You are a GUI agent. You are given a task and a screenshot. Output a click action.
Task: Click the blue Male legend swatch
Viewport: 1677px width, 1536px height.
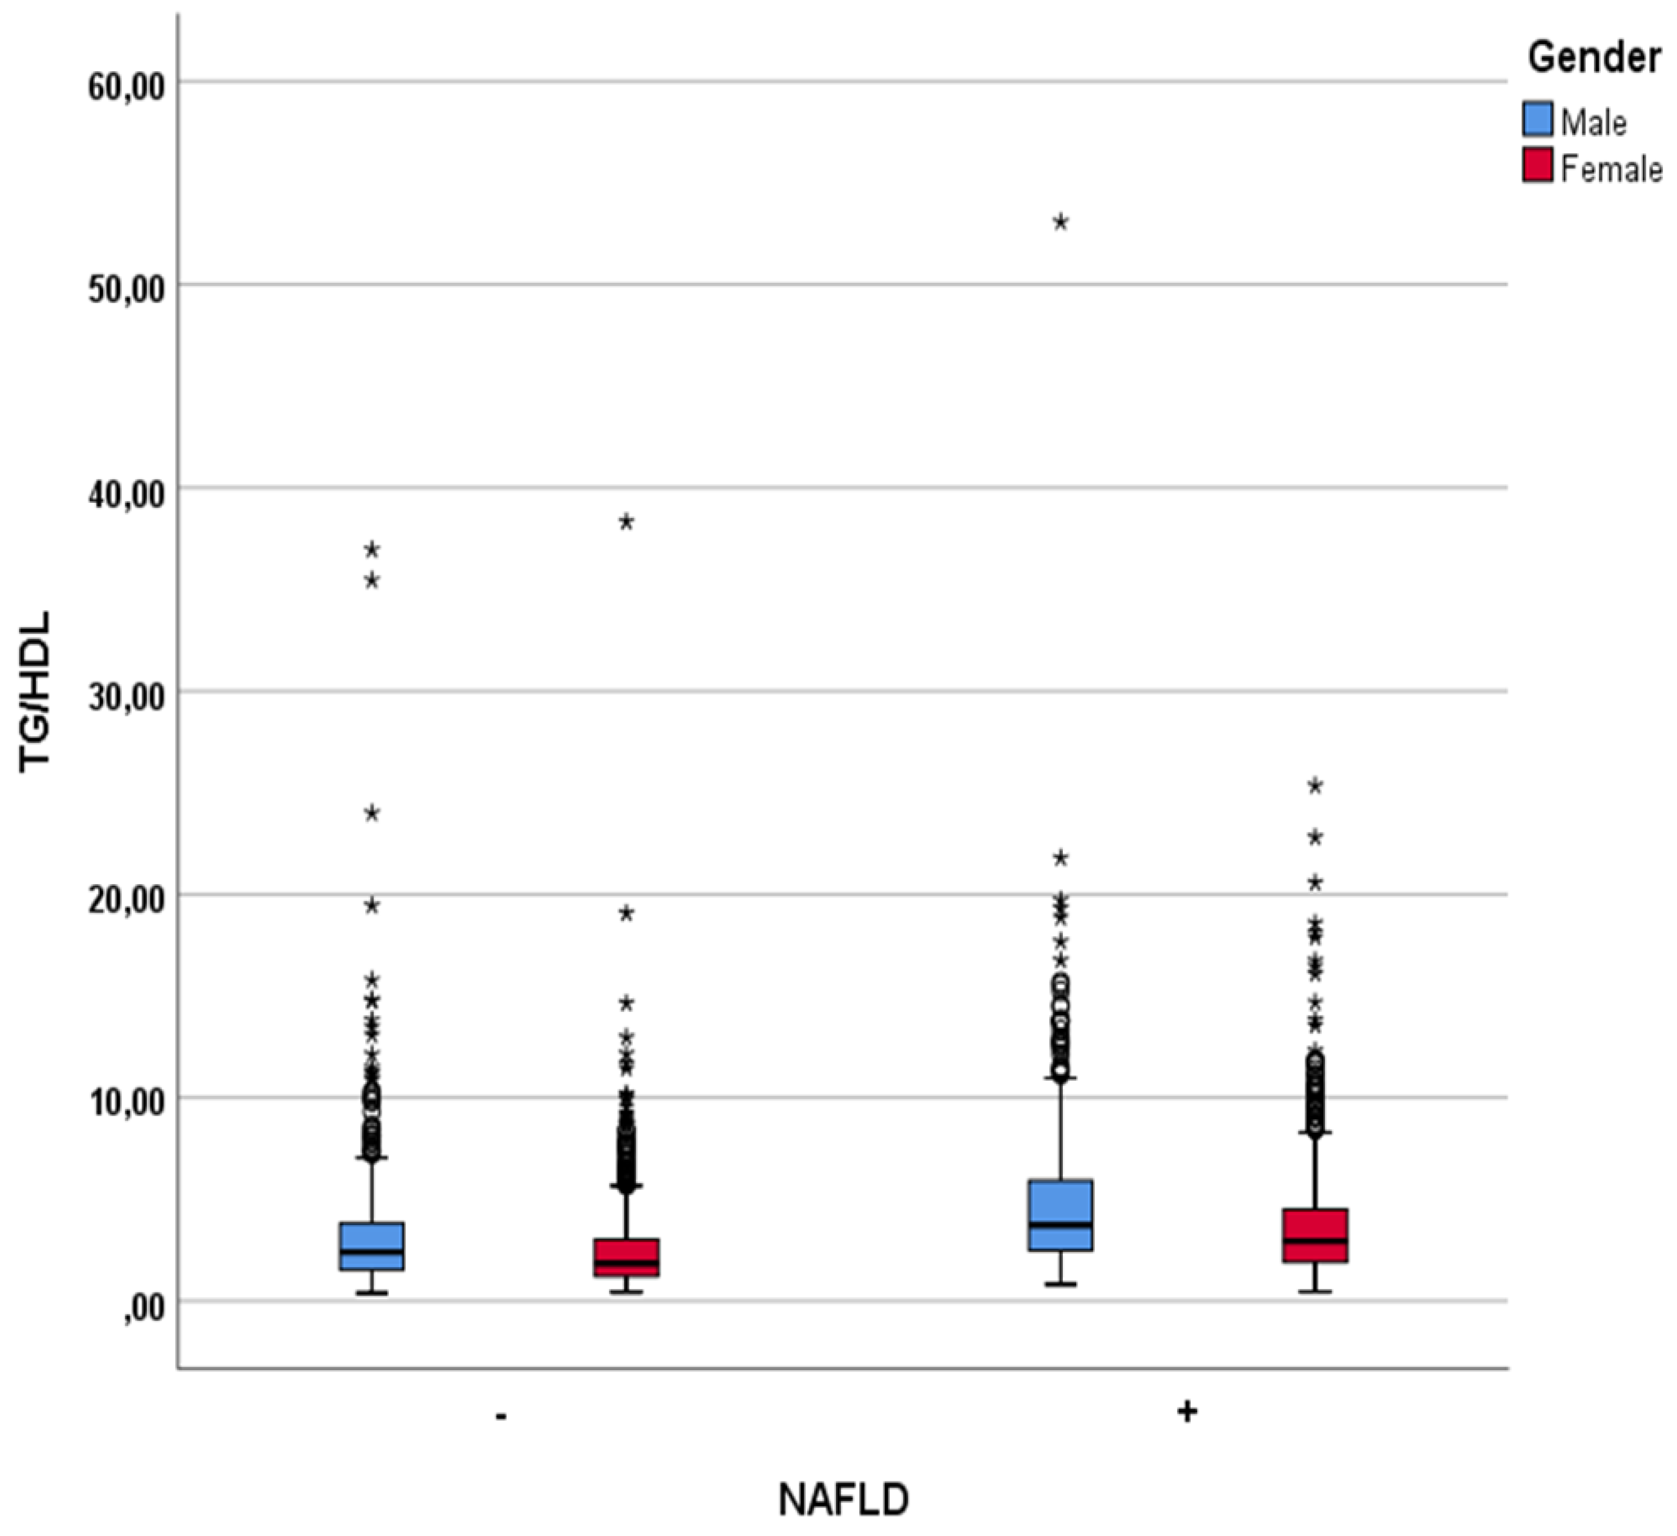(x=1538, y=119)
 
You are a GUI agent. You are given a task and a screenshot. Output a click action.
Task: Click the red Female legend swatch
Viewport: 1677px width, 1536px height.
(x=1538, y=164)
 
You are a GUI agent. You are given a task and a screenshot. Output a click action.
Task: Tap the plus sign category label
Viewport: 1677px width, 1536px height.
(x=1187, y=1411)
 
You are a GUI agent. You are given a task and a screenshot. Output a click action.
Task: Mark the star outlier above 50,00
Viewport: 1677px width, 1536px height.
(x=1061, y=222)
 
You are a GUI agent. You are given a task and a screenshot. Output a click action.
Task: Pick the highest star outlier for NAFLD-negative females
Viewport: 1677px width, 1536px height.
(x=626, y=522)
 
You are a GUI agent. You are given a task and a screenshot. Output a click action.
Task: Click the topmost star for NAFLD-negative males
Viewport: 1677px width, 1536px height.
(x=372, y=550)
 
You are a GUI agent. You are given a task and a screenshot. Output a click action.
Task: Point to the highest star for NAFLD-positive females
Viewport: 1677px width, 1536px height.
(x=1315, y=786)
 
